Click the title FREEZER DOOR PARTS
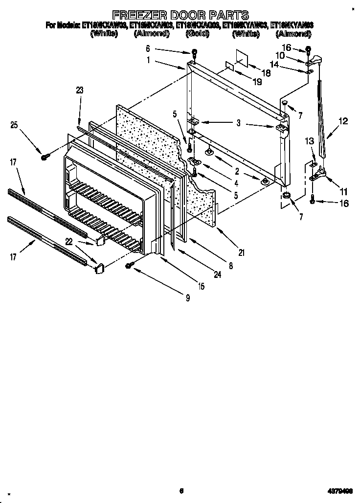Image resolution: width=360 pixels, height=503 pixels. pyautogui.click(x=180, y=15)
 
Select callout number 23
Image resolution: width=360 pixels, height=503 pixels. pyautogui.click(x=80, y=90)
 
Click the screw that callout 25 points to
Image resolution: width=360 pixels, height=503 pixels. pyautogui.click(x=45, y=157)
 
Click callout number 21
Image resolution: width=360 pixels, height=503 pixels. pyautogui.click(x=241, y=252)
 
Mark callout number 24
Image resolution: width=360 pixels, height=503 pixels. pyautogui.click(x=217, y=275)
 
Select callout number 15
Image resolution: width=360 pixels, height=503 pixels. pyautogui.click(x=201, y=287)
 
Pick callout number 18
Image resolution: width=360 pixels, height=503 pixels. pyautogui.click(x=266, y=72)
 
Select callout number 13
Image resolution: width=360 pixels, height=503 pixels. pyautogui.click(x=309, y=141)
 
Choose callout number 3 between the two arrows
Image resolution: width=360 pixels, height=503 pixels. pyautogui.click(x=238, y=123)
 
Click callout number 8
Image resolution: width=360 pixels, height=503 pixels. pyautogui.click(x=230, y=266)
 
